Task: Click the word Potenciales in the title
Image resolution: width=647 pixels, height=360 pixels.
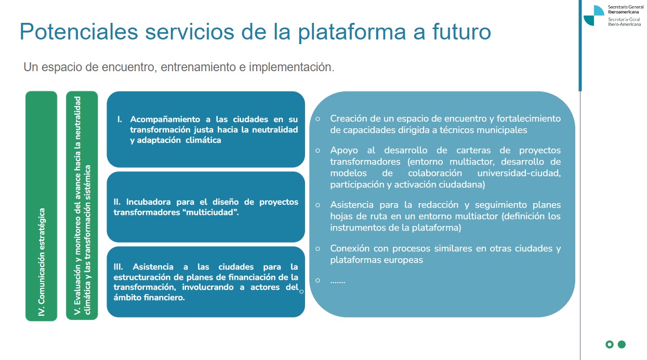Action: tap(78, 32)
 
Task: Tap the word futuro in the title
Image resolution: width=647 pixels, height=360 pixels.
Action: tap(461, 31)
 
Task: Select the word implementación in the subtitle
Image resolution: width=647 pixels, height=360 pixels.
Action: tap(292, 67)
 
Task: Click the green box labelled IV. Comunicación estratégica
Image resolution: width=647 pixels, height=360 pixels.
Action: tap(41, 206)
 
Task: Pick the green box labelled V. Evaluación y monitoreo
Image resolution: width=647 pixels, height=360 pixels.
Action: tap(82, 206)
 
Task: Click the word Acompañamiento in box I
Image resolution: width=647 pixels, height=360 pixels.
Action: tap(165, 119)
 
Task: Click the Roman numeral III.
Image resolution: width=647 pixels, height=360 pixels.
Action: tap(118, 266)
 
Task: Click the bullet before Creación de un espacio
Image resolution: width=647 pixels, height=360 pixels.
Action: tap(318, 118)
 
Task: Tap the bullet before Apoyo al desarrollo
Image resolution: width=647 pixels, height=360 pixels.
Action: tap(318, 151)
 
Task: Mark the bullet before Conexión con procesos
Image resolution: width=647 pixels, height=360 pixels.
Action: tap(318, 248)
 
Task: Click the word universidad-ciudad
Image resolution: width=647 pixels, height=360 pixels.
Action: tap(519, 173)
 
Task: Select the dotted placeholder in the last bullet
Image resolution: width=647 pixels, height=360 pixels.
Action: tap(338, 282)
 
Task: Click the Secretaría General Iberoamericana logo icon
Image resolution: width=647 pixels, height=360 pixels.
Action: tap(594, 15)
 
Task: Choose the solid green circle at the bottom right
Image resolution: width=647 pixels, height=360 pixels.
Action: tap(622, 344)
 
